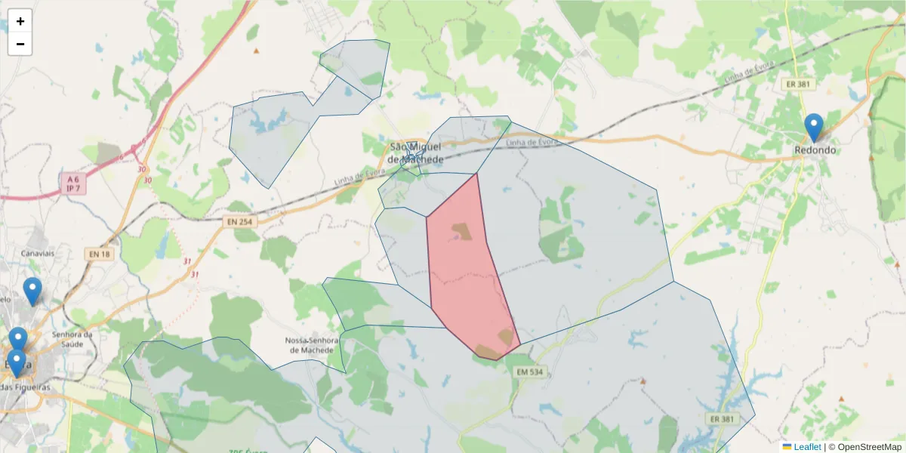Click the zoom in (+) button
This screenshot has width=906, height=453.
coord(20,21)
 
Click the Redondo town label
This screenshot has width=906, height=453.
coord(815,150)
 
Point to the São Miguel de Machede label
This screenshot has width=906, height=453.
coord(414,153)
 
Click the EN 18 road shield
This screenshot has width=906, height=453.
coord(99,254)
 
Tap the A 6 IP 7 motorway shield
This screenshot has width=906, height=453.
coord(72,183)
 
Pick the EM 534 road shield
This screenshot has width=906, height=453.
coord(530,372)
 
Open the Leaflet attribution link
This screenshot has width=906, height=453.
coord(806,447)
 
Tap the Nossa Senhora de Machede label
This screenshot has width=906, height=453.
coord(310,345)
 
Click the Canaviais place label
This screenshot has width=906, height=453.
coord(39,254)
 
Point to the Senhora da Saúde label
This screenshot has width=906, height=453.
coord(72,339)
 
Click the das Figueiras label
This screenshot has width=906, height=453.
coord(29,387)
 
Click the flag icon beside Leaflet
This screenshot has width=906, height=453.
coord(787,447)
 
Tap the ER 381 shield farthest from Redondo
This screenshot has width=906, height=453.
coord(722,418)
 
